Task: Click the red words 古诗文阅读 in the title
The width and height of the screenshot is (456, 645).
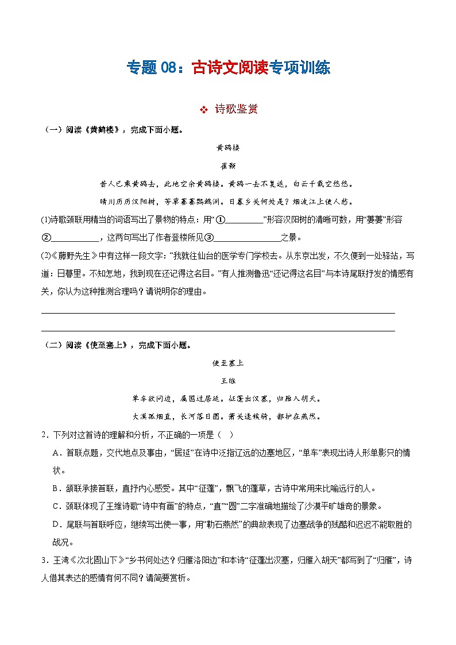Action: click(x=230, y=68)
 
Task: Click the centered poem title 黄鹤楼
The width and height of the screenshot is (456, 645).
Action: click(x=228, y=148)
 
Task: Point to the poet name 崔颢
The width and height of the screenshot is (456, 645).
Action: click(x=228, y=165)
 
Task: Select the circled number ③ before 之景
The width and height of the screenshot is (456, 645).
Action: click(x=209, y=237)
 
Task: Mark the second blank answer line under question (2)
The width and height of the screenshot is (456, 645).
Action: click(x=218, y=331)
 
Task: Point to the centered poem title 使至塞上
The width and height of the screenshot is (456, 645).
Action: click(x=228, y=363)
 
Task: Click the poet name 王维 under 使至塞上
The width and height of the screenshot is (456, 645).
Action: click(x=228, y=381)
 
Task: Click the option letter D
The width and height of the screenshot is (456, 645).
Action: click(x=56, y=524)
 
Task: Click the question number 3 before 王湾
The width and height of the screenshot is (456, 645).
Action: click(x=44, y=560)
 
